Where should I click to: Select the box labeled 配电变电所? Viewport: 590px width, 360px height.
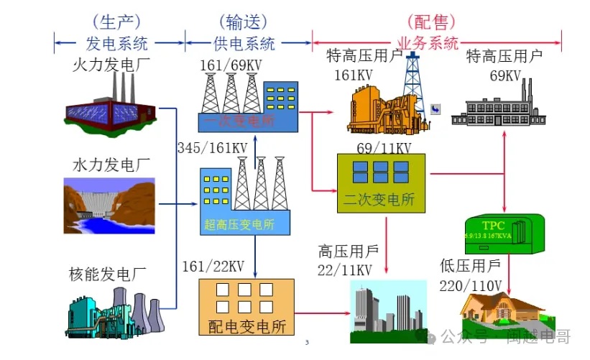tap(246, 308)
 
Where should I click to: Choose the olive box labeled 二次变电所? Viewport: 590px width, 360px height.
tap(381, 183)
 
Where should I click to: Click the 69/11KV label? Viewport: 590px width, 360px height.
tap(384, 148)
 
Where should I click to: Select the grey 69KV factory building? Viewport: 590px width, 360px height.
tap(496, 108)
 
